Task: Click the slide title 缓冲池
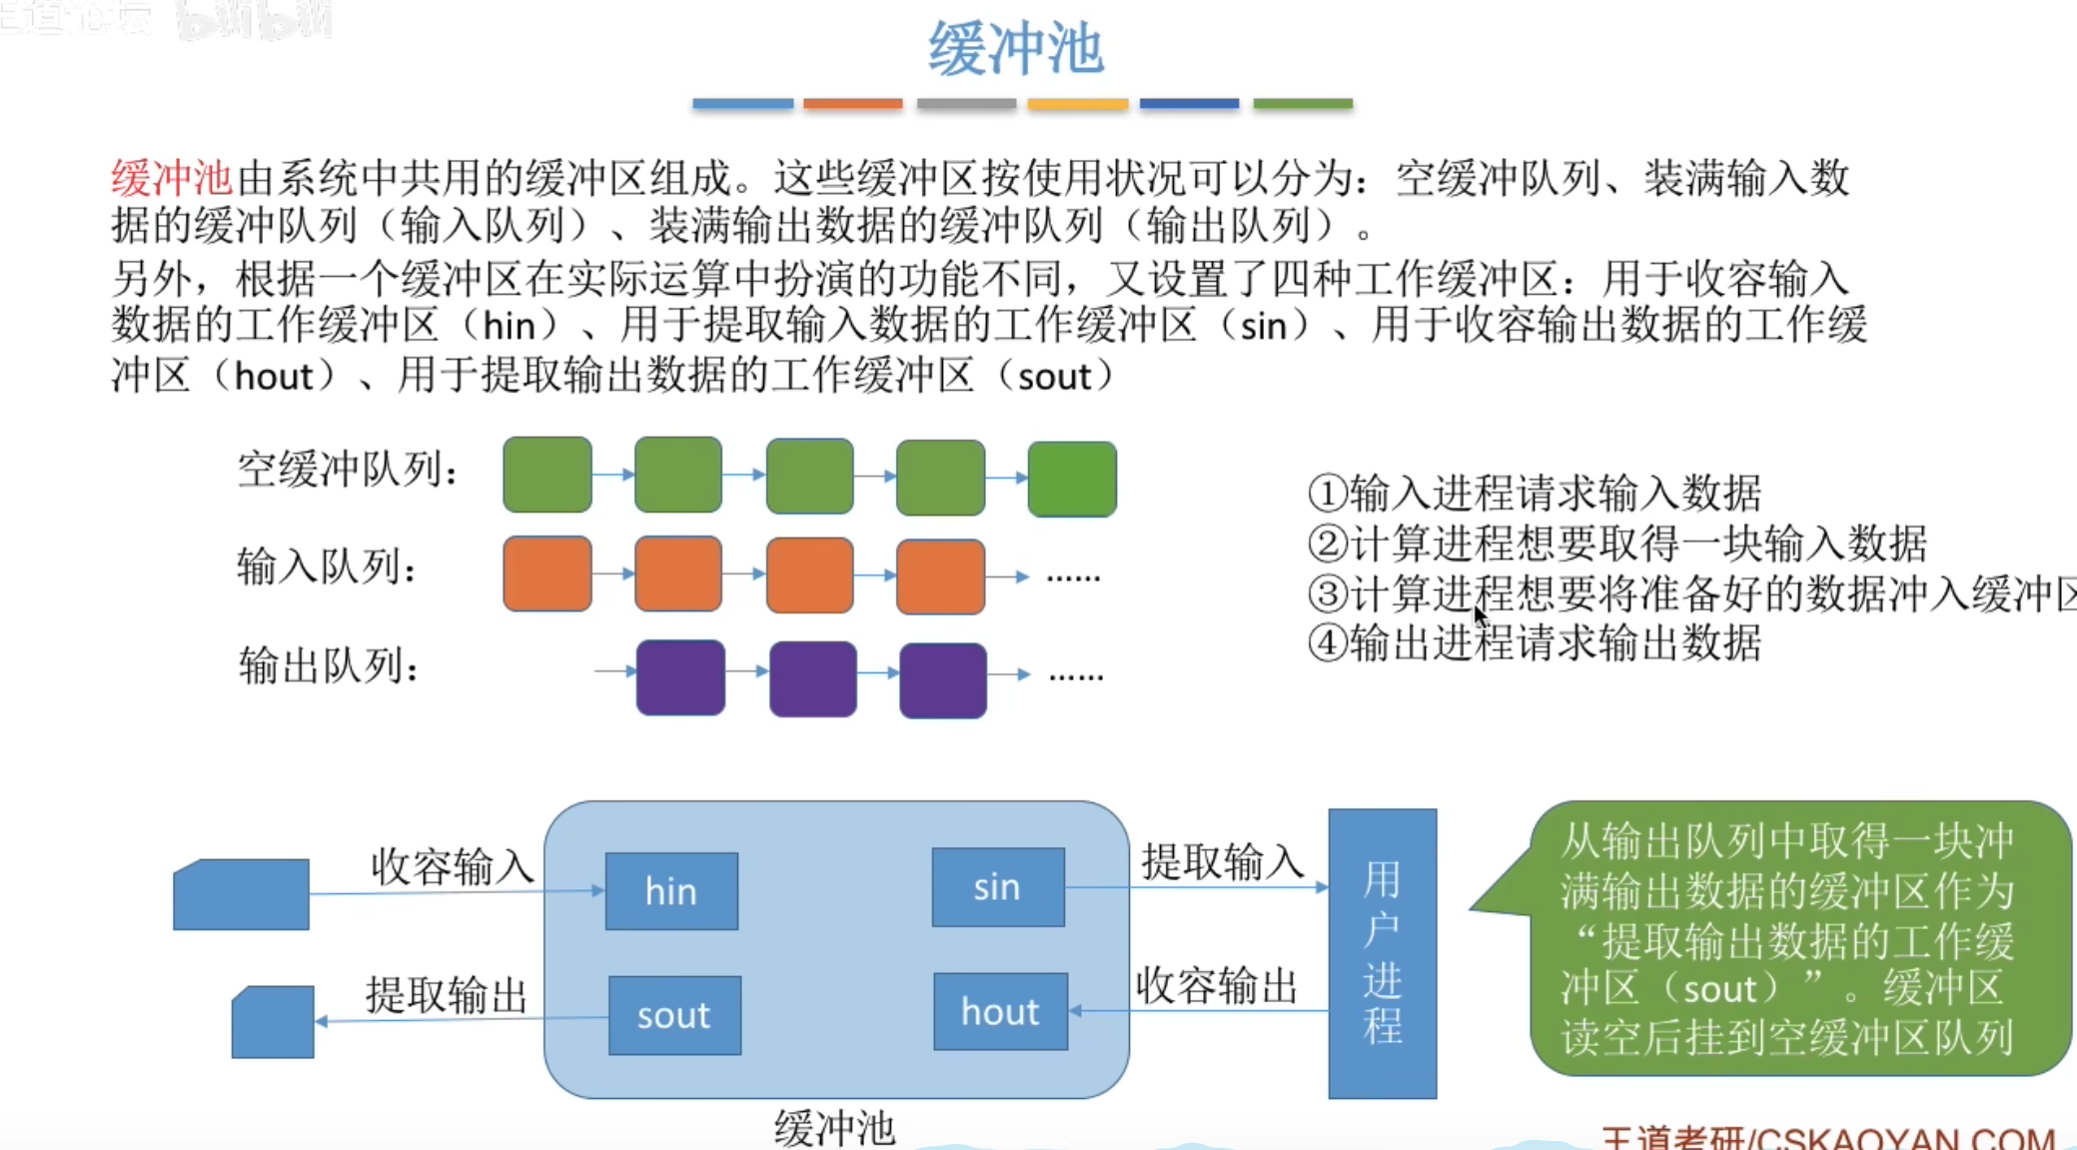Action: [x=1015, y=49]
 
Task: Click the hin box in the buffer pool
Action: [x=671, y=891]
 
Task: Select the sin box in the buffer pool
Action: [x=997, y=887]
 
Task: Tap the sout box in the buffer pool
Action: [x=674, y=1015]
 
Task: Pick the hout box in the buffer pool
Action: [x=1000, y=1011]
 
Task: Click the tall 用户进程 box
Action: [x=1382, y=953]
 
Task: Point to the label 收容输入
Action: [x=453, y=866]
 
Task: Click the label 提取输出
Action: [x=446, y=995]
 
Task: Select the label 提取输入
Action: [x=1223, y=861]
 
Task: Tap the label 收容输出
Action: [x=1216, y=986]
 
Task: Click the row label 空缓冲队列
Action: [x=348, y=470]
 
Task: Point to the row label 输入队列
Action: [x=327, y=568]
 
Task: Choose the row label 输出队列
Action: [x=328, y=665]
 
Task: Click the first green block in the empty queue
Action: [x=547, y=475]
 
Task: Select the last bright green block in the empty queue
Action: [x=1072, y=479]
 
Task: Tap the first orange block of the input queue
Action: [x=547, y=574]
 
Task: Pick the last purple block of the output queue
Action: [x=943, y=680]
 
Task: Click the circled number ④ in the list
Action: [x=1328, y=642]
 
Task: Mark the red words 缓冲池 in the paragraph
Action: [x=171, y=179]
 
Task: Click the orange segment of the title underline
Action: [x=852, y=104]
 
